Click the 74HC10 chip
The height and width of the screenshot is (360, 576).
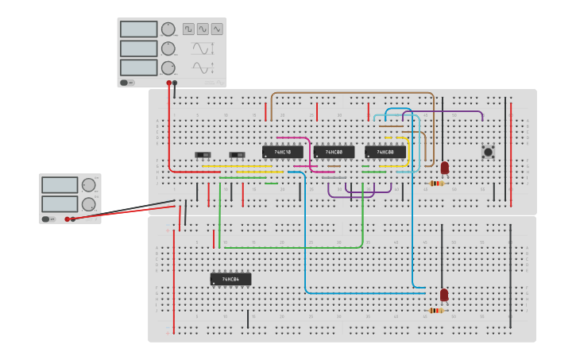click(282, 152)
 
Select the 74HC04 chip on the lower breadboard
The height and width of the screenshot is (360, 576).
click(230, 279)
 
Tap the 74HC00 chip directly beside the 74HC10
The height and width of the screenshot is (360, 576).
click(334, 152)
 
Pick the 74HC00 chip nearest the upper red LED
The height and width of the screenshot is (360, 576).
click(385, 152)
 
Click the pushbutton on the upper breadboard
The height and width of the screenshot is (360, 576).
click(488, 151)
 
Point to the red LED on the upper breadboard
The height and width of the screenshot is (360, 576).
click(444, 168)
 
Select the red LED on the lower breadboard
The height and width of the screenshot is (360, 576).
click(443, 295)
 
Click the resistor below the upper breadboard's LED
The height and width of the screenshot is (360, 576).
click(436, 184)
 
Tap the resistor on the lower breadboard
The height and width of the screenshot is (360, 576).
click(435, 311)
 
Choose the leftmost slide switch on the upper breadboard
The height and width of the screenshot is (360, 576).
click(203, 154)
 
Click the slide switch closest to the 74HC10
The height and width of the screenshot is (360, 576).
click(237, 154)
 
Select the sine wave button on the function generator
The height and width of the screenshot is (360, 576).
click(203, 29)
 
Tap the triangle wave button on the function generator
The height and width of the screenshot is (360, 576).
click(217, 29)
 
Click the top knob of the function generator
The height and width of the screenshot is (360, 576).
click(168, 29)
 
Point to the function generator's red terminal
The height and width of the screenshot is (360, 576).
click(168, 82)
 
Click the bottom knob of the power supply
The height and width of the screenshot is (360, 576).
click(88, 203)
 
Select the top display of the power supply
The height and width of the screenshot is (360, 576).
click(60, 185)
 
